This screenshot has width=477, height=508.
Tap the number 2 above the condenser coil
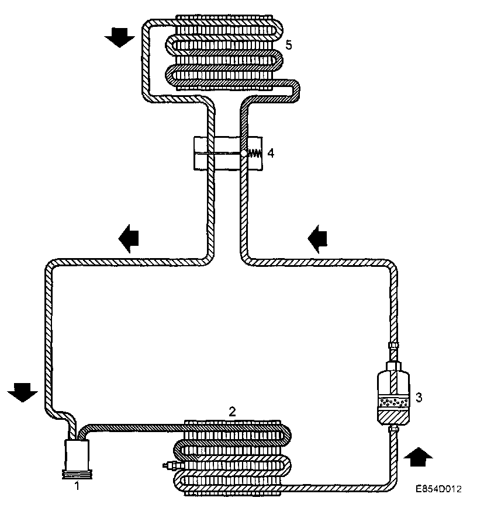(232, 411)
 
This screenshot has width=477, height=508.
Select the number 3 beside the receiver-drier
(418, 398)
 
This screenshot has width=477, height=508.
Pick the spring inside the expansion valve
(255, 154)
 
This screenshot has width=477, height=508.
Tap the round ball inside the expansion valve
(243, 153)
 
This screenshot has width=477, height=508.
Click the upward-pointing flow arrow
(419, 456)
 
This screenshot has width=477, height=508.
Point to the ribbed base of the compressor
(76, 474)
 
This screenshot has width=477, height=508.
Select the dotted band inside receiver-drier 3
(393, 402)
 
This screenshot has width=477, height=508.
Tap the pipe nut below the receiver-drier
(393, 432)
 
